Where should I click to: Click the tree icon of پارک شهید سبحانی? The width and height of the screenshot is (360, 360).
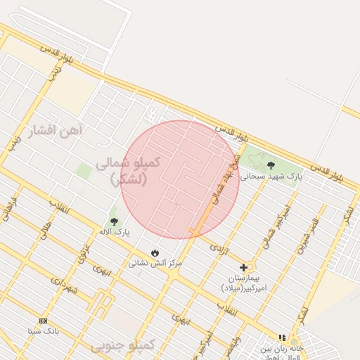point(271,165)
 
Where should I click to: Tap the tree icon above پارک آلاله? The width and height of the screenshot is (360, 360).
point(115,221)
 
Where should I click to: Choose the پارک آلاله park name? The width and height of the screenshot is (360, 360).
point(114,231)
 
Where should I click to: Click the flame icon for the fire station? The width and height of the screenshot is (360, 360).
point(155,252)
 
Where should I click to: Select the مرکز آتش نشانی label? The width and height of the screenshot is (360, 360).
point(155,263)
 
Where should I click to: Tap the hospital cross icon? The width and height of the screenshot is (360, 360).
point(244,267)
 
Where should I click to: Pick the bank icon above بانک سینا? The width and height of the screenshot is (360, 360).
point(43,321)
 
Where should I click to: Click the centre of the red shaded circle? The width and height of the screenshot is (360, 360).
point(180,179)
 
